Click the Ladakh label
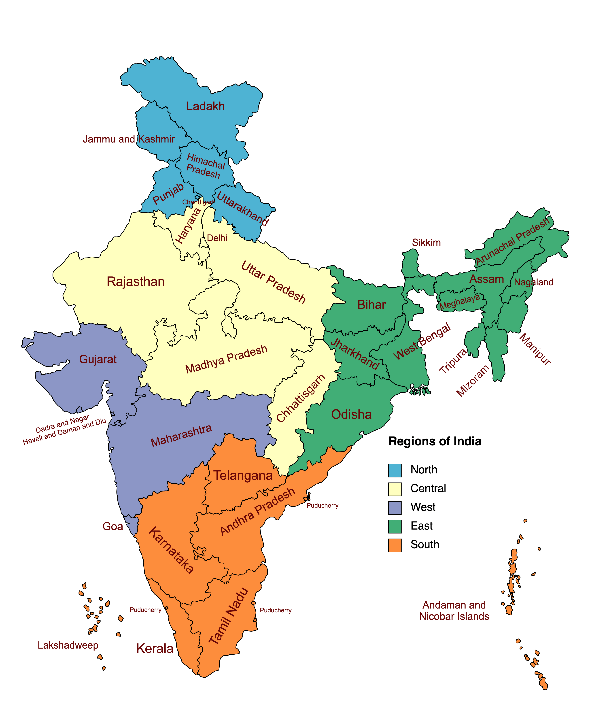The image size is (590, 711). click(206, 106)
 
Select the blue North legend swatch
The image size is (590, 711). click(395, 470)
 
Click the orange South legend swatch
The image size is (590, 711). click(395, 545)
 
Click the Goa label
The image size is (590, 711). click(113, 526)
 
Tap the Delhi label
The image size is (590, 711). click(217, 238)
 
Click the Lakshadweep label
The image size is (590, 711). click(68, 645)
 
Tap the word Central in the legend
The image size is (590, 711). click(428, 489)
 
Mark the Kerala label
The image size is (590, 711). click(155, 649)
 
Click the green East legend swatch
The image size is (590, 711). click(395, 526)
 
